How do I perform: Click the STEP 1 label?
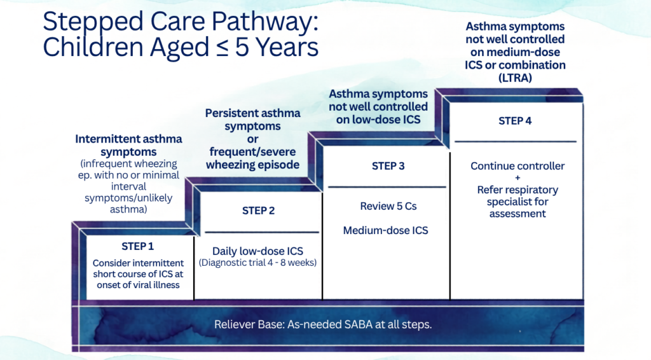pos(137,246)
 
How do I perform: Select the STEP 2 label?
pos(258,211)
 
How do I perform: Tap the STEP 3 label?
pos(388,166)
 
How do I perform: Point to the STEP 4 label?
pos(515,121)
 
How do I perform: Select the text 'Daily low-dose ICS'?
pos(257,251)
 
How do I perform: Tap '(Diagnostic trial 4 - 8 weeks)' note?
pos(257,263)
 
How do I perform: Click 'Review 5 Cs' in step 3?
pos(388,206)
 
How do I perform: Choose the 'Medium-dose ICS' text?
pos(385,230)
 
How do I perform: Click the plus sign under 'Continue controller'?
pos(517,177)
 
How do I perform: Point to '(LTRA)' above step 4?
pos(515,78)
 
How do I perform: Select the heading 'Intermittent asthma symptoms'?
pos(128,145)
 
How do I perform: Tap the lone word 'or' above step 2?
pos(252,139)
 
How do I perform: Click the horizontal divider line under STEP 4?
pos(516,142)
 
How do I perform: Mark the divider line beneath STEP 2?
pos(262,232)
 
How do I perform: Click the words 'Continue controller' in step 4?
pos(517,166)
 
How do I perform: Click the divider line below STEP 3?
pos(387,187)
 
